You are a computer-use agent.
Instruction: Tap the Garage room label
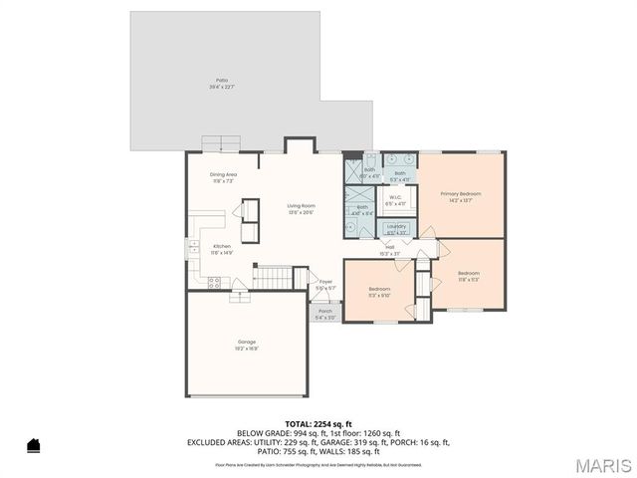pos(247,345)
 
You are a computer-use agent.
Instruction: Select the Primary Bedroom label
pos(461,195)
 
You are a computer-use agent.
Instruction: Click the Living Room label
pos(302,208)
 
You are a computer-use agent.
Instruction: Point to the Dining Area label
pos(223,177)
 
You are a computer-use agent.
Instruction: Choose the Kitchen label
pos(222,250)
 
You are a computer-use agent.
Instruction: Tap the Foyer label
pos(325,284)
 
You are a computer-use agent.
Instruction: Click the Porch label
pos(325,313)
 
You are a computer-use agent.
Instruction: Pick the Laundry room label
pos(396,228)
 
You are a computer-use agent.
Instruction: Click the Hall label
pos(389,250)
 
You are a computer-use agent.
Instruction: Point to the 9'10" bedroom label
pos(380,291)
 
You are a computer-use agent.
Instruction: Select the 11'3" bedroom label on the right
pos(469,276)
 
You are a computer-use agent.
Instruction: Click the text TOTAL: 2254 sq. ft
pos(318,423)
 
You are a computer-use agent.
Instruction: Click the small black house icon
pos(33,445)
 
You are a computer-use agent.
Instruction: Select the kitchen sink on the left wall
pos(189,246)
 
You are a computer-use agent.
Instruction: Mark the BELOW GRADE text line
pos(318,433)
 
